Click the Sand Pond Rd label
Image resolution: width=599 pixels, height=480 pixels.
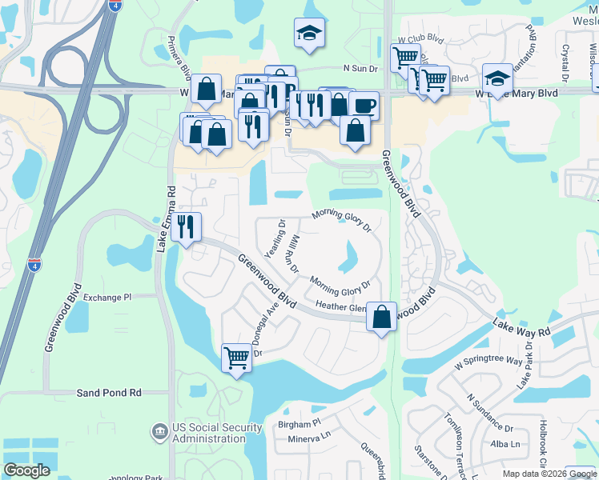pyautogui.click(x=109, y=393)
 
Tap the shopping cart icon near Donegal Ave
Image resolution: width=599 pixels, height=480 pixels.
pyautogui.click(x=237, y=356)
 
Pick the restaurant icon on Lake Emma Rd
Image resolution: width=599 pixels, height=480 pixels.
pyautogui.click(x=187, y=226)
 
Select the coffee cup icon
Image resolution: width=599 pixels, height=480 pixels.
pyautogui.click(x=364, y=104)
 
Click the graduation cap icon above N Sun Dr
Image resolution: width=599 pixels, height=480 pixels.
pyautogui.click(x=309, y=32)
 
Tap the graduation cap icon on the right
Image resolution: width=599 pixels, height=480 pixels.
pyautogui.click(x=497, y=78)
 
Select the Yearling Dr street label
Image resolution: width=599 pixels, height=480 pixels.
pyautogui.click(x=275, y=238)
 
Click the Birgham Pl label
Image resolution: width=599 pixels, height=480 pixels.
pyautogui.click(x=299, y=422)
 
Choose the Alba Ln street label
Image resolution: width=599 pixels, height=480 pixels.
pyautogui.click(x=505, y=444)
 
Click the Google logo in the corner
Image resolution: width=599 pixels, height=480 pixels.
pyautogui.click(x=26, y=470)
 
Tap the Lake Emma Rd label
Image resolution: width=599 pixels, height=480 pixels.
pyautogui.click(x=171, y=219)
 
